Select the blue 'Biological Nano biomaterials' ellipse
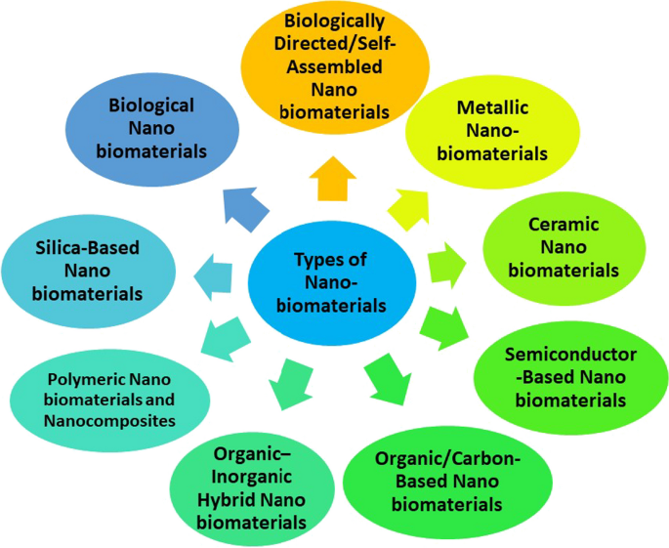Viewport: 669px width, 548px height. [x=145, y=127]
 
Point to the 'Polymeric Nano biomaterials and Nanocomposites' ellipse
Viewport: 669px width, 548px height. [x=109, y=399]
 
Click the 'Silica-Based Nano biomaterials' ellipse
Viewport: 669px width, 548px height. [x=90, y=270]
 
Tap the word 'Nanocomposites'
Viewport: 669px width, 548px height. [x=108, y=421]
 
